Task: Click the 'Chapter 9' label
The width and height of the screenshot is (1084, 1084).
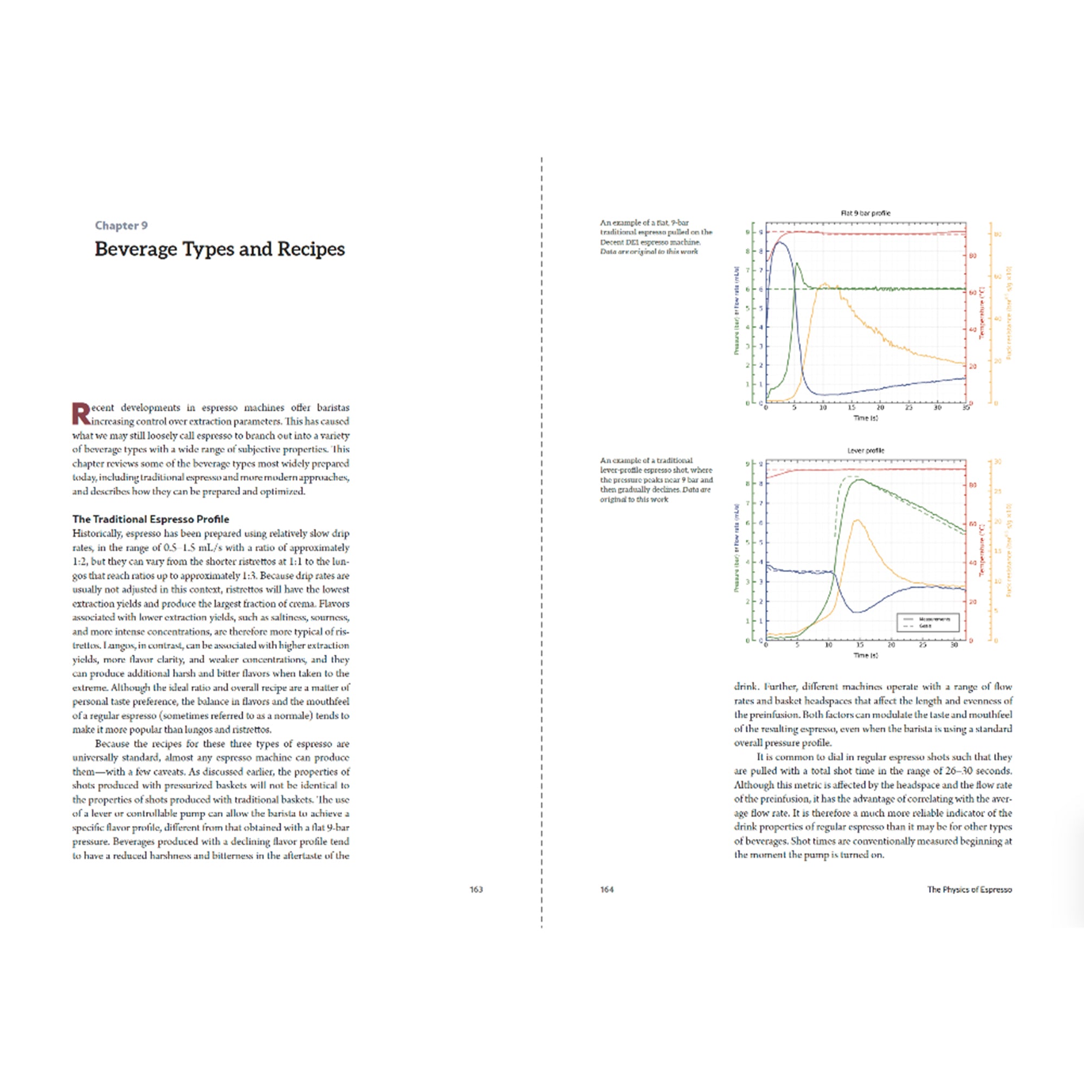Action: click(121, 225)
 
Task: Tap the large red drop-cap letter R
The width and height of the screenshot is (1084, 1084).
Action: click(81, 414)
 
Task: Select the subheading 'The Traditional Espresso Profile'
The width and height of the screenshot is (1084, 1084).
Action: click(150, 519)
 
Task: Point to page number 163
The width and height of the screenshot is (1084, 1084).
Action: click(476, 889)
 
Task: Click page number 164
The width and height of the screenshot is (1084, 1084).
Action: click(606, 889)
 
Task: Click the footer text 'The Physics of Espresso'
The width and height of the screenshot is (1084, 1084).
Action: click(969, 889)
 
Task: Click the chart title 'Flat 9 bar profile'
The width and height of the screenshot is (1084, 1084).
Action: click(865, 213)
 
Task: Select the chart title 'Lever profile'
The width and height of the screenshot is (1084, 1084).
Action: click(866, 450)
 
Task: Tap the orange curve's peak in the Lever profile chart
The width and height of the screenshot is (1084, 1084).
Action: click(856, 520)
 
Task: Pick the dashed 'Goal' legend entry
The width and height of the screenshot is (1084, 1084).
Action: click(925, 625)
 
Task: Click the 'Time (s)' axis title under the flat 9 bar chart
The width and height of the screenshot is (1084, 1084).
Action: click(865, 418)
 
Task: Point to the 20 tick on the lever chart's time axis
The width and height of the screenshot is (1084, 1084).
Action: click(891, 645)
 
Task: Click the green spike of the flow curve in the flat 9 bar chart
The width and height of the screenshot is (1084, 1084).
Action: click(797, 263)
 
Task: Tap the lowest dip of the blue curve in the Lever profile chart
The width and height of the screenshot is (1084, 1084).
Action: click(856, 611)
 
